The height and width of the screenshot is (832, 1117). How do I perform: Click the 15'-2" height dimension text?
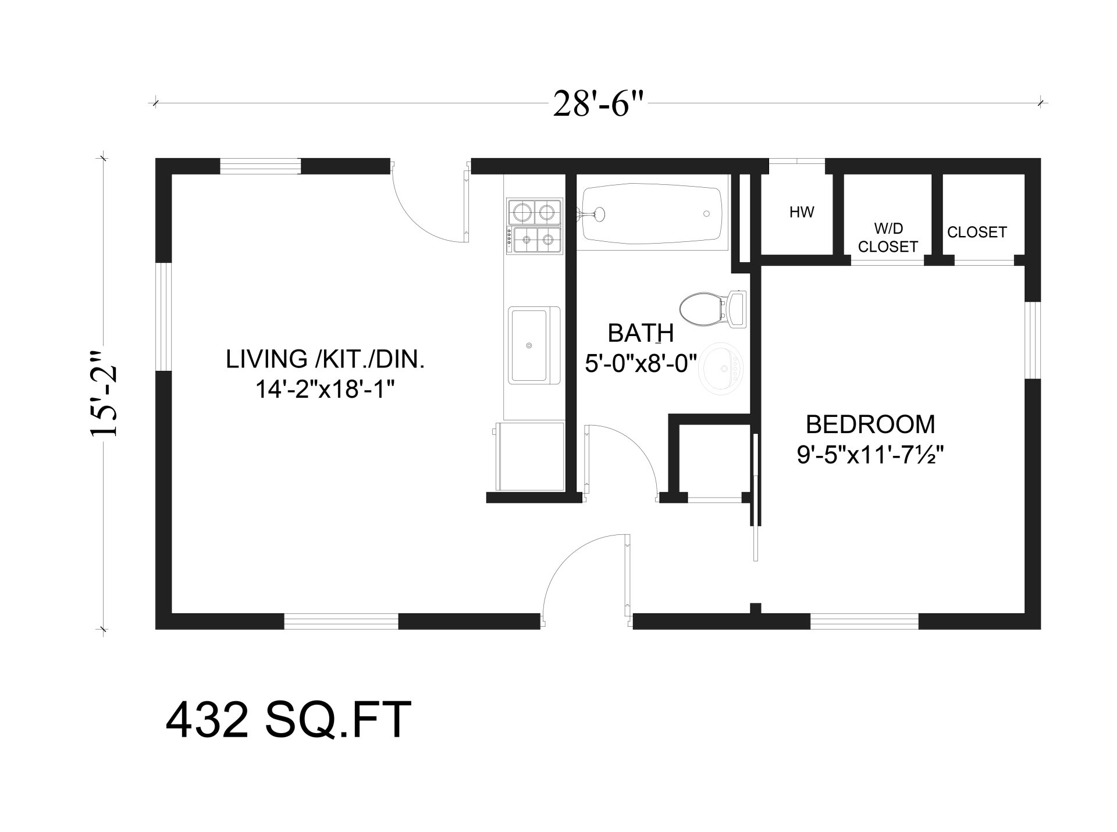tap(105, 393)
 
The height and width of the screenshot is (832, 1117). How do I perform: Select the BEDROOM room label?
tap(870, 424)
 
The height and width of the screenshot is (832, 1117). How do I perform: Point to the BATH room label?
tap(641, 334)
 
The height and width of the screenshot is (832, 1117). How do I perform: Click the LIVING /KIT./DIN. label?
tap(325, 359)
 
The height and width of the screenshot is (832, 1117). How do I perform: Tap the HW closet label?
tap(801, 212)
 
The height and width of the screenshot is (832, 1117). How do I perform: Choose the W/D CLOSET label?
tap(887, 237)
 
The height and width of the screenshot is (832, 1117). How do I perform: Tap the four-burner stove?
tap(534, 226)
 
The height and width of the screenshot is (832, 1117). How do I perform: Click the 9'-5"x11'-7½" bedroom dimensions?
tap(869, 456)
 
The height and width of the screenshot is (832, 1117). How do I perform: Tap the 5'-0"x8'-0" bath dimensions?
tap(641, 365)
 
